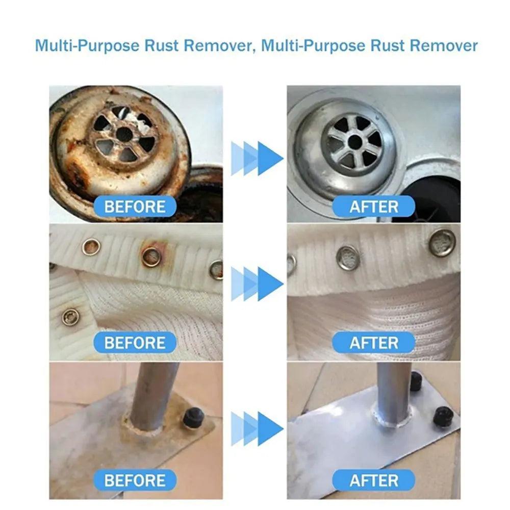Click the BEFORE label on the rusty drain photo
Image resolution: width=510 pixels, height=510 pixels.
[x=135, y=207]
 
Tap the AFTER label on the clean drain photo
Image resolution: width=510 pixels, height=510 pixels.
[x=373, y=207]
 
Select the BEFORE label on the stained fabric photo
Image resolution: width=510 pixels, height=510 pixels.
[x=135, y=342]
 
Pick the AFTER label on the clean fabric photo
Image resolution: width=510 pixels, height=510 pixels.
[x=373, y=342]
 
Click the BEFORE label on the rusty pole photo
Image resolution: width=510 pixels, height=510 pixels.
[x=135, y=480]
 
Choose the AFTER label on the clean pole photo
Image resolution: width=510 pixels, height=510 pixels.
[x=373, y=480]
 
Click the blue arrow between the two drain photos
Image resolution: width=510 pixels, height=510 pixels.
[x=258, y=158]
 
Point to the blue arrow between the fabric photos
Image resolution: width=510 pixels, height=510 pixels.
[x=258, y=283]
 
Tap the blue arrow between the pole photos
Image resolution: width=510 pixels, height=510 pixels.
[x=258, y=428]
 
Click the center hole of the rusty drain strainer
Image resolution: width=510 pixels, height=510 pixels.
[x=124, y=135]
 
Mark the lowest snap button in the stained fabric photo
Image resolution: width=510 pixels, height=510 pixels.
[x=70, y=317]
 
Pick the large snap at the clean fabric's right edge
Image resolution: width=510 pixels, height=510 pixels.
[x=442, y=243]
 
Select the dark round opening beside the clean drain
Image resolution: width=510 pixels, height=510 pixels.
[x=433, y=199]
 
